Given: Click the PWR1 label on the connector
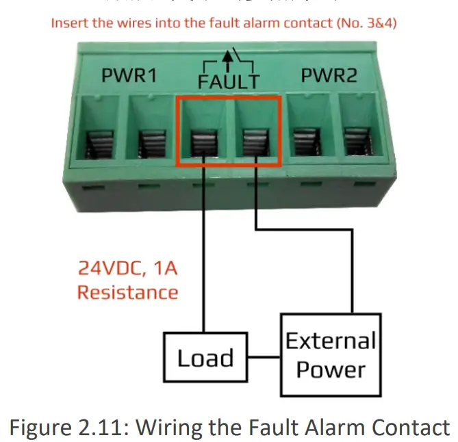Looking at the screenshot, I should [x=129, y=76].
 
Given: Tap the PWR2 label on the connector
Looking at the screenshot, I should [x=329, y=75].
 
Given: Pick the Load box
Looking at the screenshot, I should [x=205, y=358].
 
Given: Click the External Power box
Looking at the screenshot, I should [x=331, y=355].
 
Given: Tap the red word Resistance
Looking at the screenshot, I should [x=127, y=292].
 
